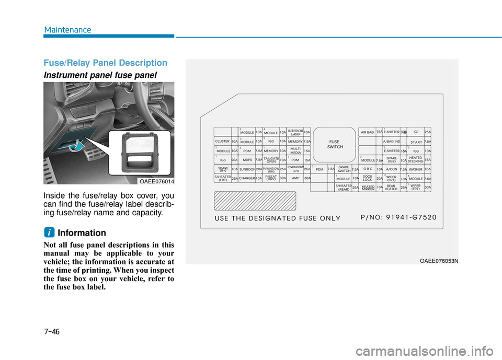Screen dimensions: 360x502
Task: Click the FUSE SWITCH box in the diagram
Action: point(335,145)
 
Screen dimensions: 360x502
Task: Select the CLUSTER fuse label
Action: point(223,141)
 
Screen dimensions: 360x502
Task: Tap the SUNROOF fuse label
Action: point(247,169)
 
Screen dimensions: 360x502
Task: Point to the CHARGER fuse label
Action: point(247,178)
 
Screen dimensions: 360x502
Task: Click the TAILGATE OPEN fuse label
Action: point(271,160)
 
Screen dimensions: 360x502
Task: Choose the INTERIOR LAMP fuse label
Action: point(295,132)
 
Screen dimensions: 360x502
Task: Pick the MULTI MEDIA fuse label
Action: point(295,150)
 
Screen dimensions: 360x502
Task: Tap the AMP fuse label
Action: point(295,178)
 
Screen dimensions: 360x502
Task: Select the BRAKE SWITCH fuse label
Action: point(344,169)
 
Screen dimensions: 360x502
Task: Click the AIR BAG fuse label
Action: point(368,132)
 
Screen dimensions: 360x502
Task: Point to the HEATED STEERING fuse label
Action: point(416,159)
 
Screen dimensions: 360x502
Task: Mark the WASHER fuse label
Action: point(416,169)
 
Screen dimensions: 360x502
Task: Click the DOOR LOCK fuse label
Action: point(368,178)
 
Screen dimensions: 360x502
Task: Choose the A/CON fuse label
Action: point(391,169)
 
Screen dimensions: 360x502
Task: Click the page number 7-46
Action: point(52,331)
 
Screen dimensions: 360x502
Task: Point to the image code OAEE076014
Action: point(156,181)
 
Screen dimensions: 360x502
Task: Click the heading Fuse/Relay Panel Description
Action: point(106,63)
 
